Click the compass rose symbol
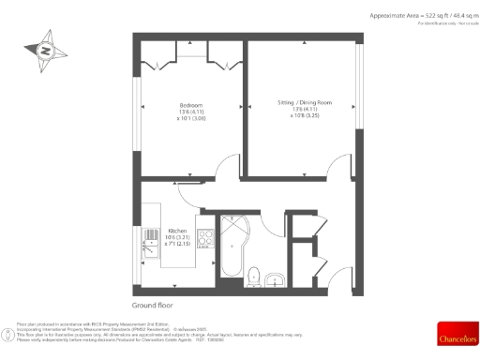click(x=43, y=51)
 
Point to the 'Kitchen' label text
click(x=176, y=231)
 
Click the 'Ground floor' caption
click(x=152, y=306)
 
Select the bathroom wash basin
click(x=275, y=277)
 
